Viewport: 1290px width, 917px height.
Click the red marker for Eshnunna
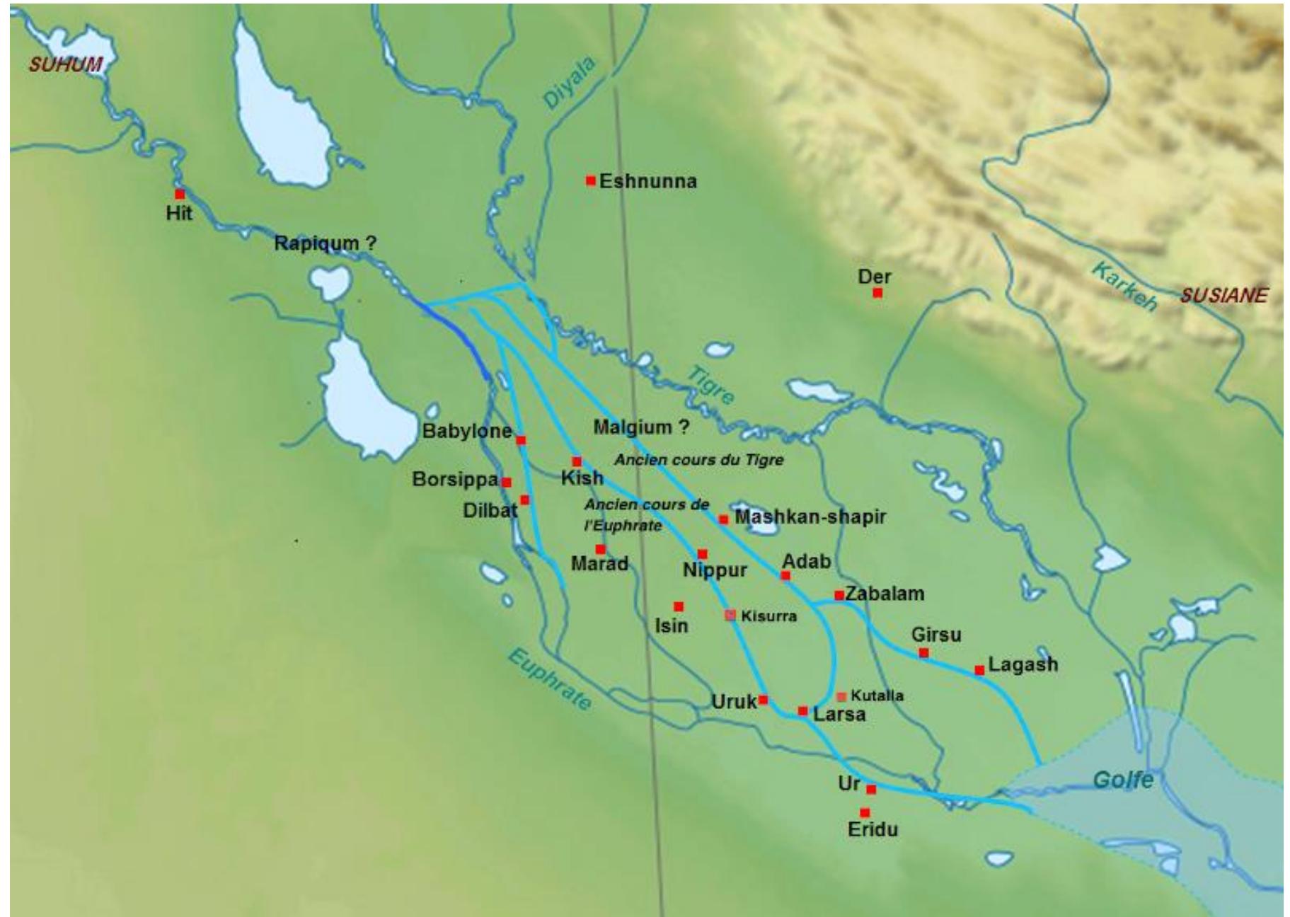[x=590, y=180]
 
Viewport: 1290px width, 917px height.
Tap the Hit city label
[x=178, y=213]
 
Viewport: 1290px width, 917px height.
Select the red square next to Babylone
[x=521, y=440]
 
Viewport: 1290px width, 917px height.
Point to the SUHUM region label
[x=65, y=65]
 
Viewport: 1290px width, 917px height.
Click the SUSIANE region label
[x=1223, y=296]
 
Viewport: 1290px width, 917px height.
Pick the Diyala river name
[x=569, y=83]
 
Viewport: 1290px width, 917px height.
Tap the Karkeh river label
[x=1124, y=286]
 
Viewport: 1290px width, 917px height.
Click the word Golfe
[x=1122, y=780]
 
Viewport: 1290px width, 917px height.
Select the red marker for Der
[x=877, y=292]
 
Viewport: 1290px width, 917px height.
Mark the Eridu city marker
[x=864, y=813]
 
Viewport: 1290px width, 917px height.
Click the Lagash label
[x=1023, y=664]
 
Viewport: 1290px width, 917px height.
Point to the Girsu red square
[x=923, y=652]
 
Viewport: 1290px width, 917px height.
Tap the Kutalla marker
[x=841, y=697]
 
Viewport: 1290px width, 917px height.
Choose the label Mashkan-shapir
[x=810, y=517]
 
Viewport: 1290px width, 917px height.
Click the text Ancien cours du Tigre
[x=698, y=460]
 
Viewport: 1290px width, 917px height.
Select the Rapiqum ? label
[x=325, y=243]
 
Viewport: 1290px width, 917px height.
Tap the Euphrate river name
[x=549, y=679]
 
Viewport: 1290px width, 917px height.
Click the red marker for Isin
[x=678, y=606]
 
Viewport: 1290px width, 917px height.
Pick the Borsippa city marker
[x=506, y=482]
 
